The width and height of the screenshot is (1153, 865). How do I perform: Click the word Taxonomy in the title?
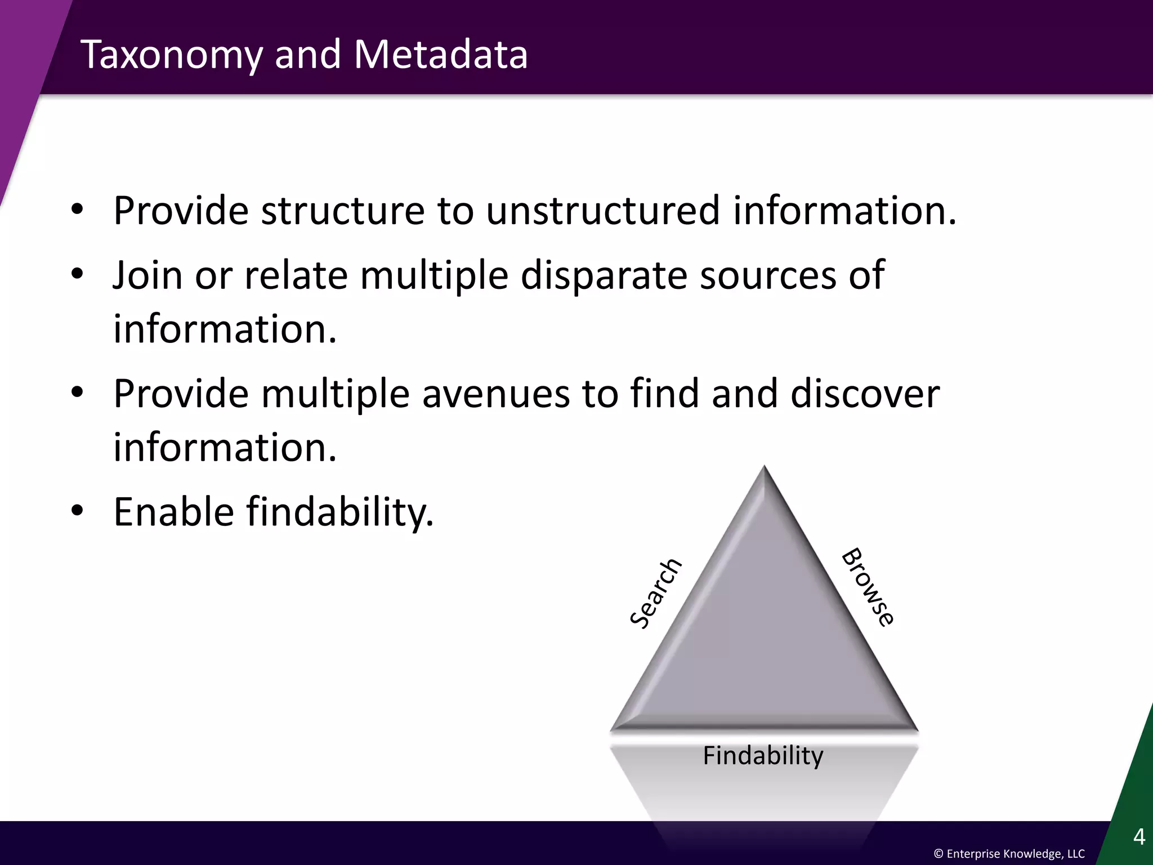(172, 55)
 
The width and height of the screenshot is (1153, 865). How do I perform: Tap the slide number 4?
(1138, 837)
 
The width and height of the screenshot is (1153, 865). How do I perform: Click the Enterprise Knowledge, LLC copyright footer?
(1009, 854)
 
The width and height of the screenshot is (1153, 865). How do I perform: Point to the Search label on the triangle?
(656, 593)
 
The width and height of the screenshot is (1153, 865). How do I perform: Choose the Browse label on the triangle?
(868, 587)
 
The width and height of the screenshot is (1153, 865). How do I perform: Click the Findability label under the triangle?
(763, 755)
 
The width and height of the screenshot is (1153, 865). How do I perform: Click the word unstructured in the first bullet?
(603, 211)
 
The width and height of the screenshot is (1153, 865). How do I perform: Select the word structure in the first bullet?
(342, 211)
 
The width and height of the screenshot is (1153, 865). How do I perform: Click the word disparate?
(603, 276)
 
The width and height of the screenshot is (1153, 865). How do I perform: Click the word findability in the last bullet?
(340, 512)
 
